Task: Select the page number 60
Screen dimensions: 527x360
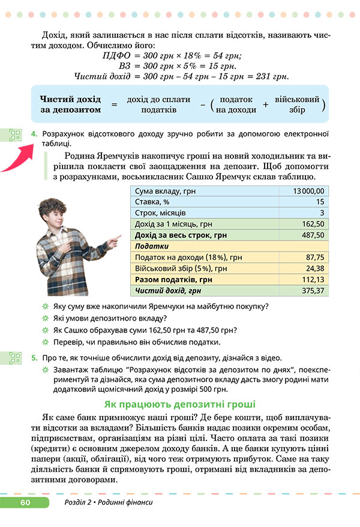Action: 25,502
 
